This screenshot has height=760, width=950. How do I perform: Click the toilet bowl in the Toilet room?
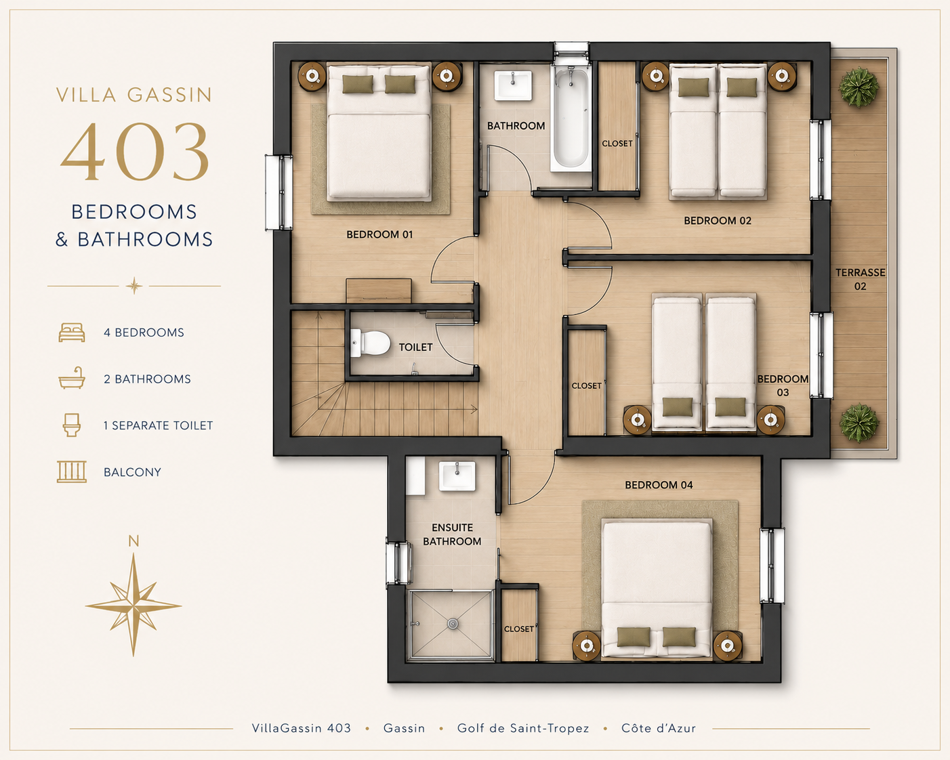371,343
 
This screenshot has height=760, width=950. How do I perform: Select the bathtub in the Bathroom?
571,118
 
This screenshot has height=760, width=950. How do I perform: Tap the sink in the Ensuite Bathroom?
457,476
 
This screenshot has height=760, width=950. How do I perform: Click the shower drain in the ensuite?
453,624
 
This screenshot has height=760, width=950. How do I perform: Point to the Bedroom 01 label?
379,235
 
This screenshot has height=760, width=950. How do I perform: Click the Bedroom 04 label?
659,485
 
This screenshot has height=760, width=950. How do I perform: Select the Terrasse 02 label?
860,279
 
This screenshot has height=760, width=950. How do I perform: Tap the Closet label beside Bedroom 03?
586,385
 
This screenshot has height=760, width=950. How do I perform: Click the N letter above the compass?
133,541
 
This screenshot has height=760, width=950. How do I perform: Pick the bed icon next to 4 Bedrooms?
72,333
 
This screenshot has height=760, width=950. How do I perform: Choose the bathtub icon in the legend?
72,378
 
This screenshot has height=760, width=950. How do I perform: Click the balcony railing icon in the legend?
72,472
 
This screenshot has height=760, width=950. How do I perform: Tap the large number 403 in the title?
134,151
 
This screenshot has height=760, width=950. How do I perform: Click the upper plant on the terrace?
858,87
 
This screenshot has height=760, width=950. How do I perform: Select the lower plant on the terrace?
858,423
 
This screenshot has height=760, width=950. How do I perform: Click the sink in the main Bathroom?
513,85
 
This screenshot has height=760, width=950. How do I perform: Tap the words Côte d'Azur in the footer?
658,727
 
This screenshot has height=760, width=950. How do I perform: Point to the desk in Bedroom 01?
379,291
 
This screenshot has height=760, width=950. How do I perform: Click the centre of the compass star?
133,605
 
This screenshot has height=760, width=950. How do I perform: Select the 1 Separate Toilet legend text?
158,425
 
